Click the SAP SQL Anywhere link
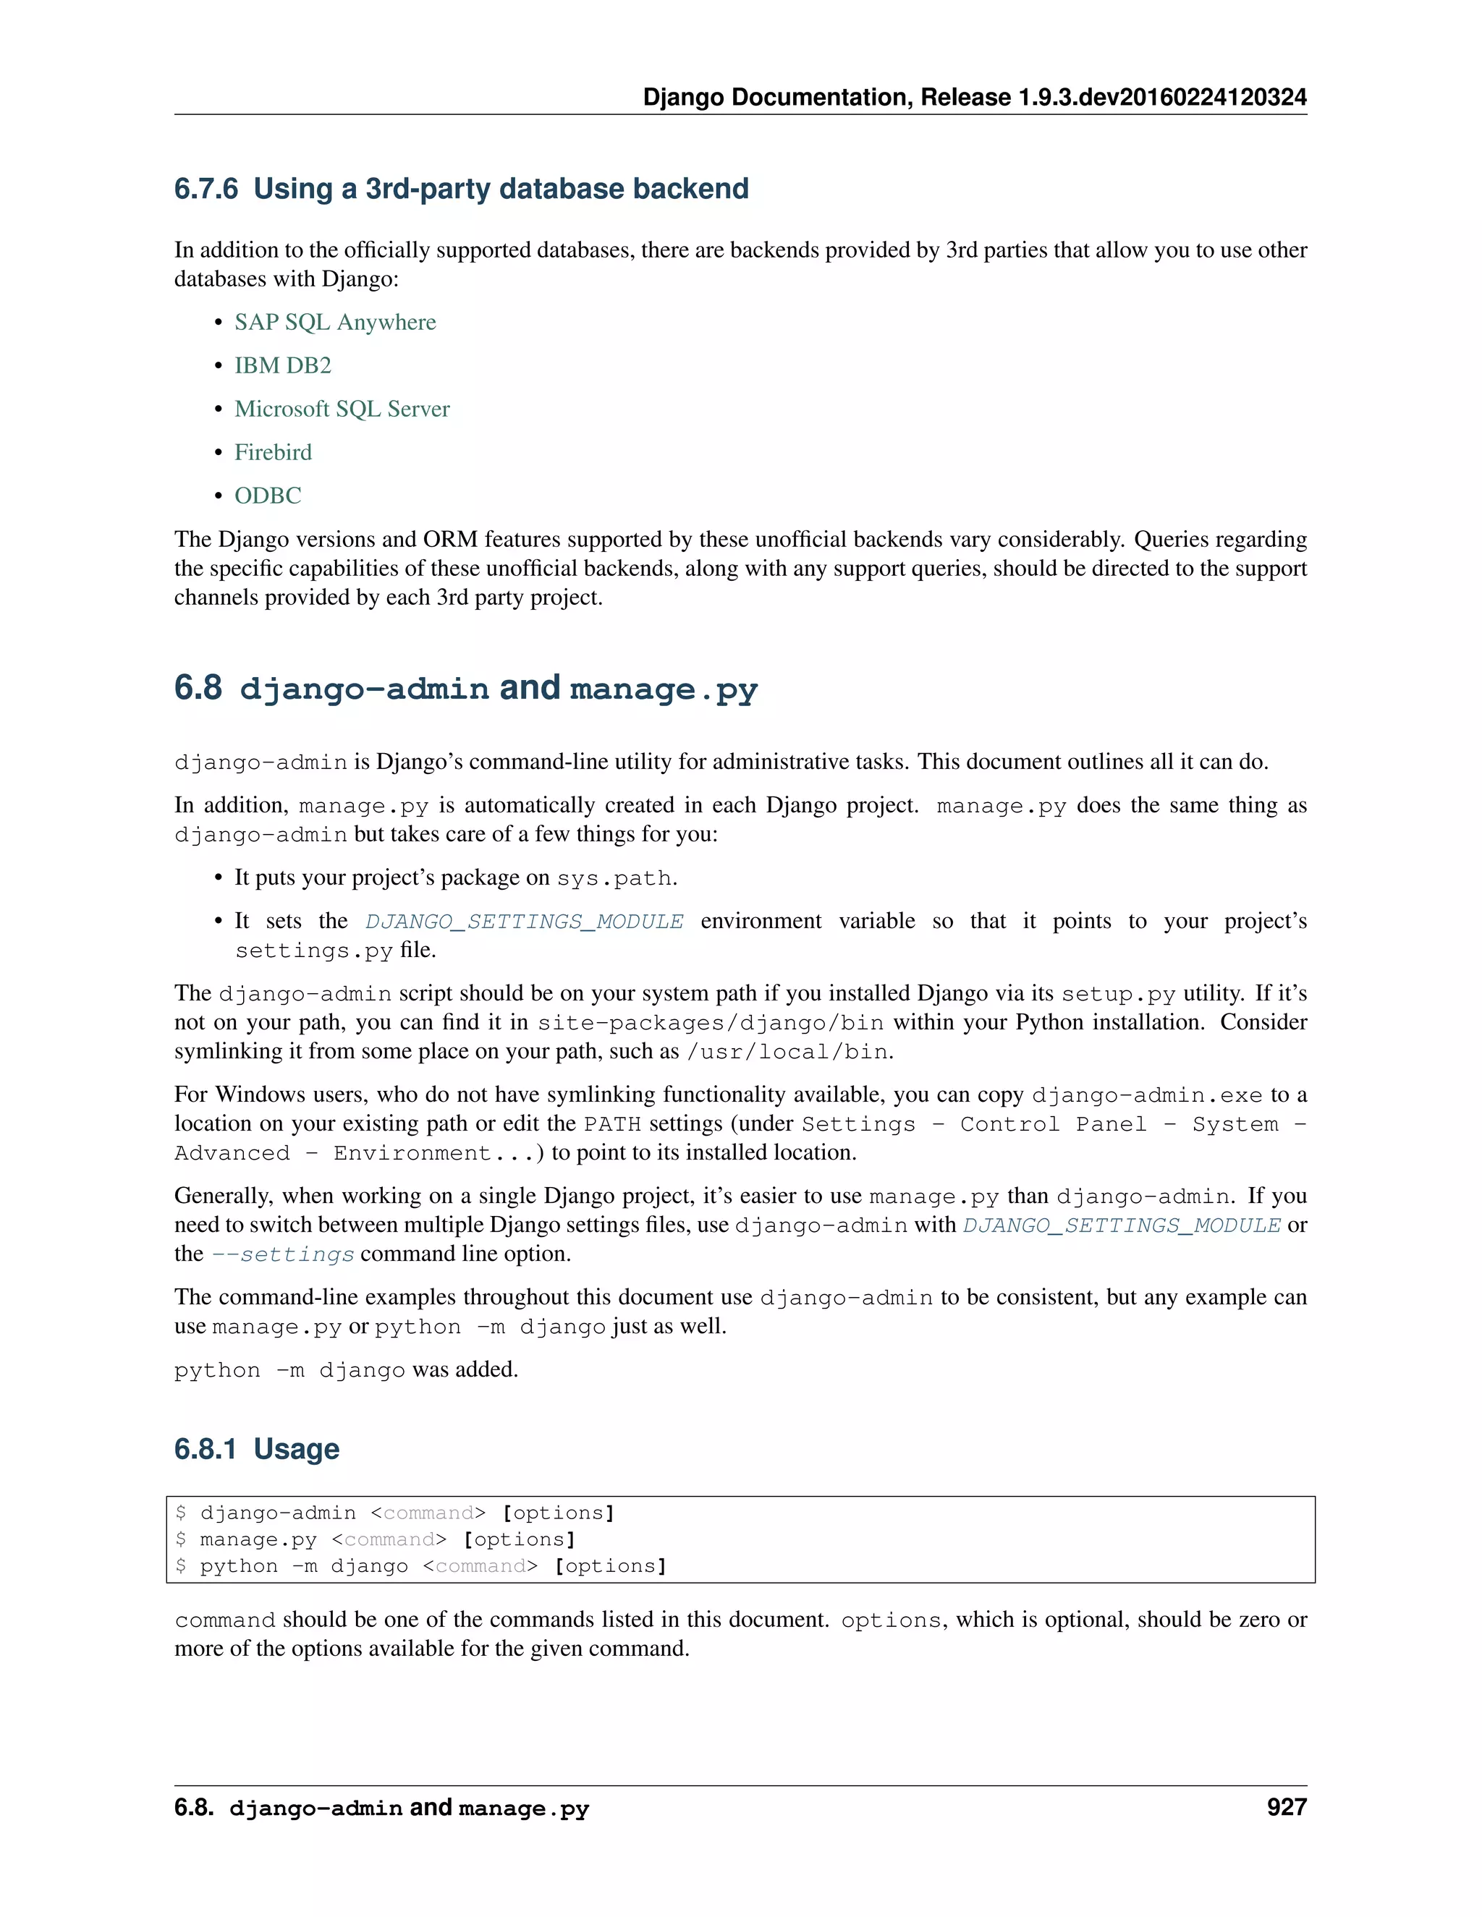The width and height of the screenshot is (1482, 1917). coord(334,322)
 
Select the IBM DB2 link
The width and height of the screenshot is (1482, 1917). coord(283,365)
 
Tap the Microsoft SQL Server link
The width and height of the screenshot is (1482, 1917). coord(342,409)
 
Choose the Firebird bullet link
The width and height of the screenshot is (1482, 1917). coord(273,452)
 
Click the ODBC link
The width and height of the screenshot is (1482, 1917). coord(268,496)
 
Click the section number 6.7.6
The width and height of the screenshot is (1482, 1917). coord(206,189)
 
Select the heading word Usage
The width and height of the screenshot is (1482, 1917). coord(296,1449)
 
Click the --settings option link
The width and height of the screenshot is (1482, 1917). coord(283,1254)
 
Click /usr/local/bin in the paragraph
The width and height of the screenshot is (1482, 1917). coord(787,1052)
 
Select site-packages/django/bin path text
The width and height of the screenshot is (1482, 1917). coord(711,1023)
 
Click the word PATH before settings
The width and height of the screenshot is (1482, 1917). coord(612,1124)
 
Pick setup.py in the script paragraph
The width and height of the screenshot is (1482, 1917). coord(1117,994)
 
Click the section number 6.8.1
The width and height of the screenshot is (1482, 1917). coord(205,1449)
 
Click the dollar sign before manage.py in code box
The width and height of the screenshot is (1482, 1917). coord(181,1539)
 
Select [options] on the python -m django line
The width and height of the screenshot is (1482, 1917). coord(610,1566)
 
